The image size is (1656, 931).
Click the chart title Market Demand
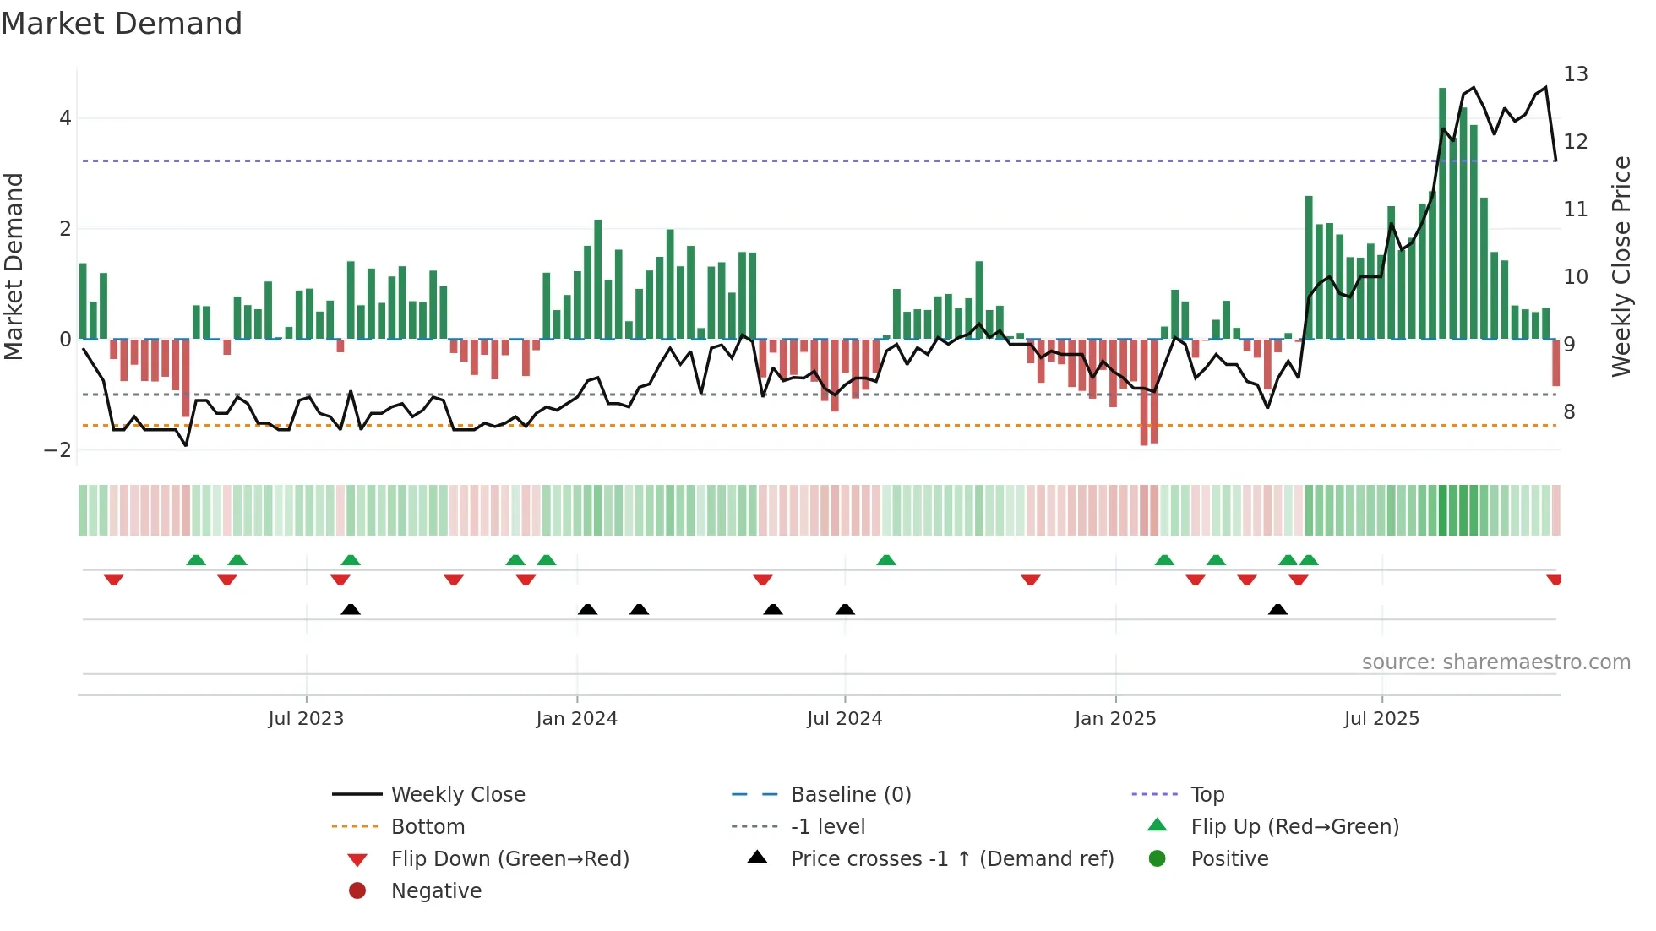pyautogui.click(x=122, y=24)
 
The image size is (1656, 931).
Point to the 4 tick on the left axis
pyautogui.click(x=65, y=118)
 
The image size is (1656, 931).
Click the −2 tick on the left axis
pyautogui.click(x=58, y=450)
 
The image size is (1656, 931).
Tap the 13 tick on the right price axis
pyautogui.click(x=1575, y=74)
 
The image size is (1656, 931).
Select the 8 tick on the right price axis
pyautogui.click(x=1569, y=412)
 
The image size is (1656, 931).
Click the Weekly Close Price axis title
pyautogui.click(x=1621, y=266)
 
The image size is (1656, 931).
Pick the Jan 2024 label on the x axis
pyautogui.click(x=576, y=719)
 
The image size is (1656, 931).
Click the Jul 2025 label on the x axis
pyautogui.click(x=1381, y=719)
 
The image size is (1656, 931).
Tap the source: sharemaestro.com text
pyautogui.click(x=1495, y=662)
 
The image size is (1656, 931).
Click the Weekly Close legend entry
pyautogui.click(x=457, y=795)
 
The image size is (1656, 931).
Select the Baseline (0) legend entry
pyautogui.click(x=850, y=795)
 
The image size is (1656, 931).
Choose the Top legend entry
pyautogui.click(x=1207, y=795)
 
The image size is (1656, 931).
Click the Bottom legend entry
pyautogui.click(x=428, y=827)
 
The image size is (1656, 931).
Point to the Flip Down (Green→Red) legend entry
pyautogui.click(x=509, y=859)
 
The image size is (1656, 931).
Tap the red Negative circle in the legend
pyautogui.click(x=357, y=891)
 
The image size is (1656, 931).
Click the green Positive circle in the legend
pyautogui.click(x=1158, y=859)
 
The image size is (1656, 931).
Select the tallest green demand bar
pyautogui.click(x=1442, y=211)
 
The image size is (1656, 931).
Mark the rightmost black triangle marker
pyautogui.click(x=1277, y=609)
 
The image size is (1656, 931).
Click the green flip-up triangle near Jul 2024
pyautogui.click(x=886, y=560)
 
